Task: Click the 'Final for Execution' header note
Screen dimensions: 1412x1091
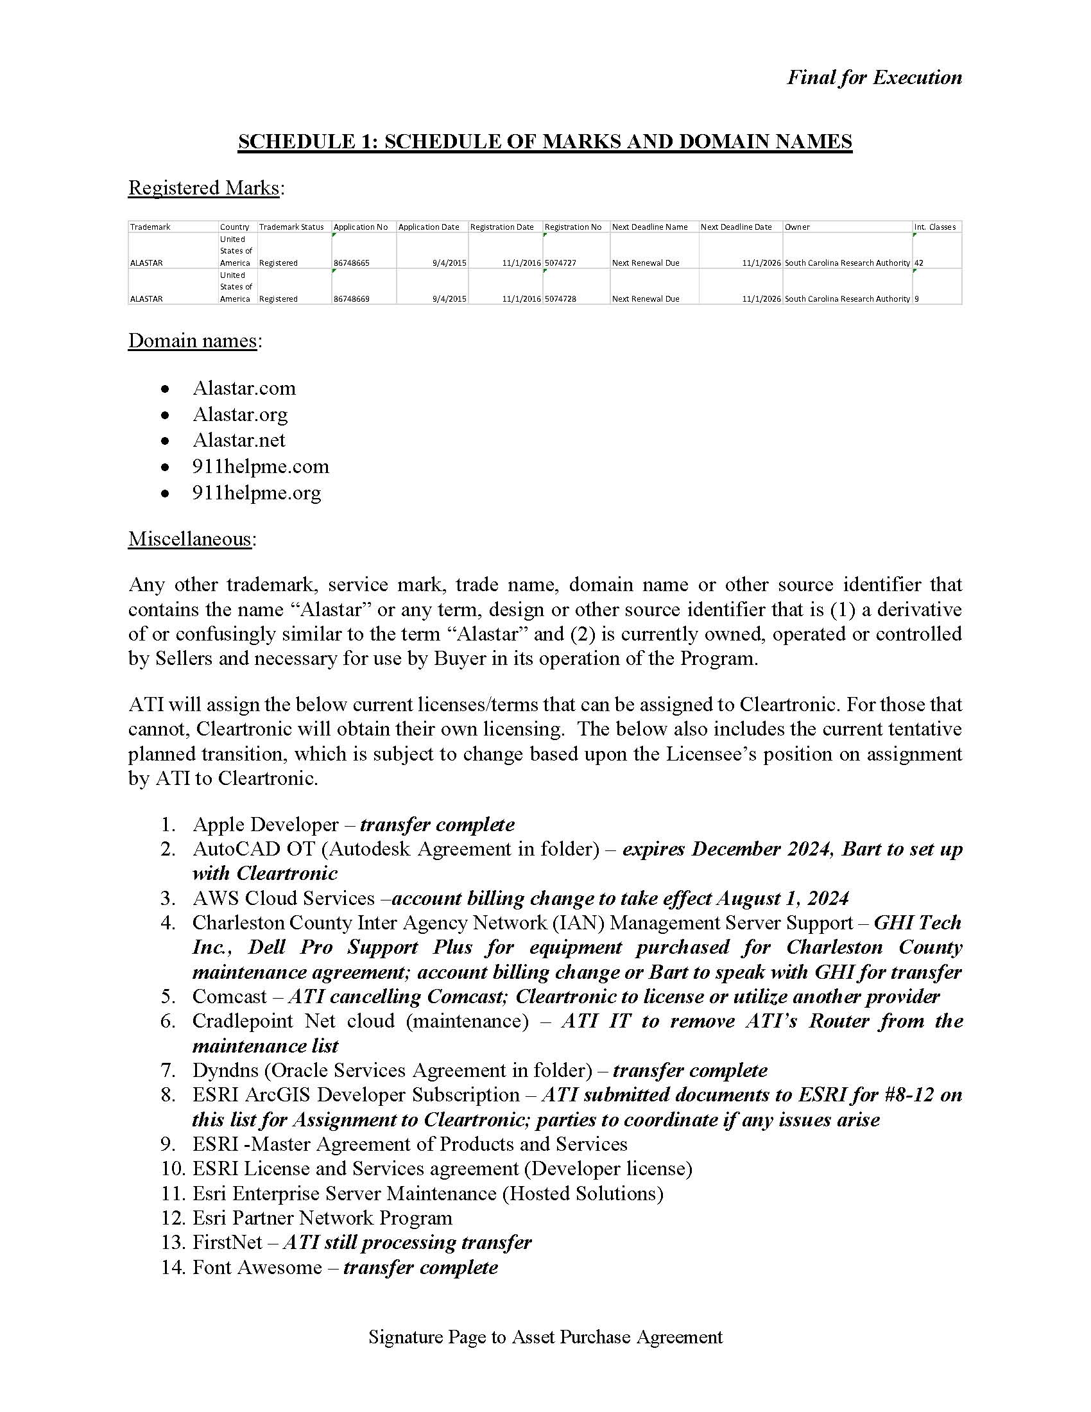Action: point(874,78)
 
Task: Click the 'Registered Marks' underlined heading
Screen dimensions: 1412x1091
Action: point(203,187)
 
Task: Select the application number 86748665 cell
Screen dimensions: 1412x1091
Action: point(352,263)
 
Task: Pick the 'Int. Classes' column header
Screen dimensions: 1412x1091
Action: point(934,227)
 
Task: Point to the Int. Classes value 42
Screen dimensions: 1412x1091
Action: point(919,263)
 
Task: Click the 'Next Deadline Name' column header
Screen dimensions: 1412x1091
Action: point(649,227)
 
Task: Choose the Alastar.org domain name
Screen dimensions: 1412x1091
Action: point(240,414)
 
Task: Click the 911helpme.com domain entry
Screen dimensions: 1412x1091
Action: point(261,466)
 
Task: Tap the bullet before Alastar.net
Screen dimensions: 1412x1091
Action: point(166,440)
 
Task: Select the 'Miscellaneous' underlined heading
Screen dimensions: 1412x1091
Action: point(189,538)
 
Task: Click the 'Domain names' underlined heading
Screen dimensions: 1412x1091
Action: point(193,340)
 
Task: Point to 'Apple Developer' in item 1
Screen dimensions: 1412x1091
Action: point(265,824)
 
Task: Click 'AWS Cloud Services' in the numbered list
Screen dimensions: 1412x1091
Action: point(283,898)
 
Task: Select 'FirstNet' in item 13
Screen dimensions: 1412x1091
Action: point(228,1242)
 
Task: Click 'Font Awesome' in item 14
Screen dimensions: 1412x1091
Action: point(257,1266)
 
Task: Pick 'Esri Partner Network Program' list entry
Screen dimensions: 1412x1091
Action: point(322,1218)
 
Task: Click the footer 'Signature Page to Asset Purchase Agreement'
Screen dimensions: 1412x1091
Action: point(545,1336)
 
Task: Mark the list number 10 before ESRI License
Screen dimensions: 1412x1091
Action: point(173,1168)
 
